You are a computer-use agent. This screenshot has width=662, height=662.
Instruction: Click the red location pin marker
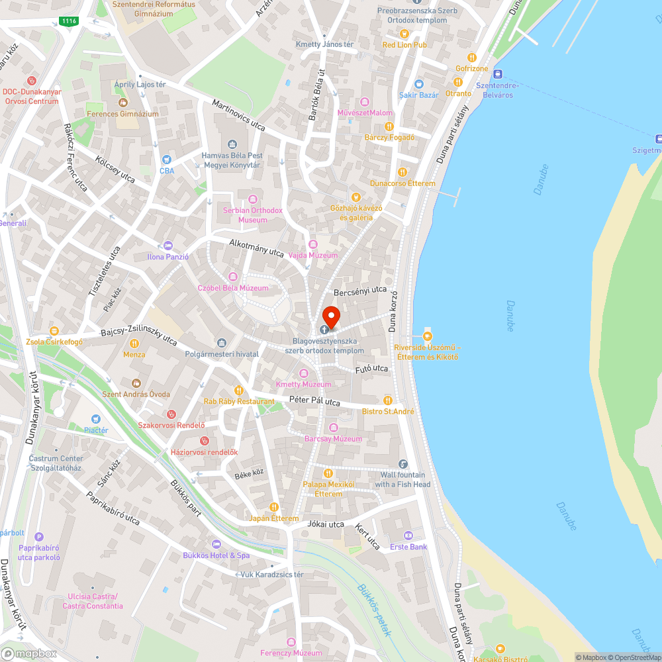pos(330,317)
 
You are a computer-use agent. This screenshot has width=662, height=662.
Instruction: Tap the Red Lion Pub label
pos(404,45)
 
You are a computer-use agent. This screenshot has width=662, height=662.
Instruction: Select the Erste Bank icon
pos(408,535)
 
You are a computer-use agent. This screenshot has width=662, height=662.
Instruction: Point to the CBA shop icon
pos(167,159)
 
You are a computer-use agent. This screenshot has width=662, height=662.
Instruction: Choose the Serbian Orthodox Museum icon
pos(252,199)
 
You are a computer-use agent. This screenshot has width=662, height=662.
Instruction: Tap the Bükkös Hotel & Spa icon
pos(216,544)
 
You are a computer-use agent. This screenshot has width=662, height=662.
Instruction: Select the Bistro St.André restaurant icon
pos(388,400)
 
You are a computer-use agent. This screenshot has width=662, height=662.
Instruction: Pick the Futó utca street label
pos(371,368)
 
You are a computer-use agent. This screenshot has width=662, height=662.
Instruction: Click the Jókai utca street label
pos(326,524)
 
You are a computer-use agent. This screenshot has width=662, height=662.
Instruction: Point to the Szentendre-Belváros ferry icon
pos(498,74)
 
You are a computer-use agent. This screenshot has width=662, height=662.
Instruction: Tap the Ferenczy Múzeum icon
pos(291,641)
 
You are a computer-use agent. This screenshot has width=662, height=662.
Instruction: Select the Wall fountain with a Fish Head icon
pos(402,463)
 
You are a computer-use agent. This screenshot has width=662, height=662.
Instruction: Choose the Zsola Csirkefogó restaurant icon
pos(54,330)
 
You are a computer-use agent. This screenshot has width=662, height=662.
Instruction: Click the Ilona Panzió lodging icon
pos(167,245)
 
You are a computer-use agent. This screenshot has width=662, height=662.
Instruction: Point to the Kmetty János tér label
pos(325,44)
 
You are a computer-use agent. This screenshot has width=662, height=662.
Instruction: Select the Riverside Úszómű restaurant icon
pos(427,336)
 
